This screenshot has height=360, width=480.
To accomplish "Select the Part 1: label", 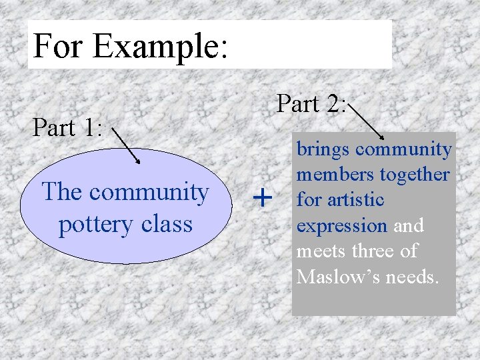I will (67, 127).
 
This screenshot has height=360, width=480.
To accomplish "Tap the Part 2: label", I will (311, 104).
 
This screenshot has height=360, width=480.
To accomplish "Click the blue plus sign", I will (264, 197).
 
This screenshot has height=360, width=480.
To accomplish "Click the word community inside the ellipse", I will (148, 192).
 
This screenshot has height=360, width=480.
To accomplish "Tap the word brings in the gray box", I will (323, 149).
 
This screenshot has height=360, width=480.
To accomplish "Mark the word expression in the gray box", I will (341, 225).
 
